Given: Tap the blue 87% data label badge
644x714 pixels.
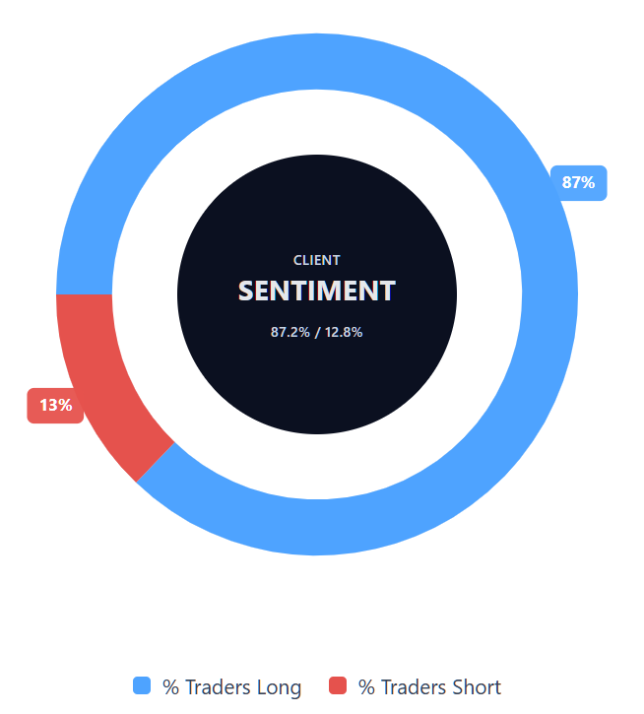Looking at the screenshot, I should point(578,182).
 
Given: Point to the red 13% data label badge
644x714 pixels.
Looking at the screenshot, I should point(55,405).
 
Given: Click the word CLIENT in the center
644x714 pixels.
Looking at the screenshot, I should point(317,260).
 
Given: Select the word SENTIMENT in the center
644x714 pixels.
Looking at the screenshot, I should point(317,292).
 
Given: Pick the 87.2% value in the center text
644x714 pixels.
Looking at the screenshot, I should point(290,332).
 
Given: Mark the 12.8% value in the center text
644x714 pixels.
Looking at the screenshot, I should point(344,332).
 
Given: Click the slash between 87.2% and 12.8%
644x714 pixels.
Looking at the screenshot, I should point(317,332).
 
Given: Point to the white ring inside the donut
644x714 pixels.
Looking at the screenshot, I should point(148,295).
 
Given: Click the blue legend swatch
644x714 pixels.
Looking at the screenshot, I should point(142,686).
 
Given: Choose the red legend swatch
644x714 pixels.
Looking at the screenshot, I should point(339,686).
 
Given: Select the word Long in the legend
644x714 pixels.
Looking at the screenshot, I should point(279,687).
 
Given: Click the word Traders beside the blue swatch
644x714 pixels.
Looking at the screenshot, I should point(218,687).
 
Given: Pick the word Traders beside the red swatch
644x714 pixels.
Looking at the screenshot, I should point(414,687).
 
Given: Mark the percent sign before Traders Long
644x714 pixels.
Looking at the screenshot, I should point(170,687).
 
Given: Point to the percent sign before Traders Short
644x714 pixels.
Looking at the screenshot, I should point(366,687).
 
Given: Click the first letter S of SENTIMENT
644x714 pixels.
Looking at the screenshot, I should point(246,292).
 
